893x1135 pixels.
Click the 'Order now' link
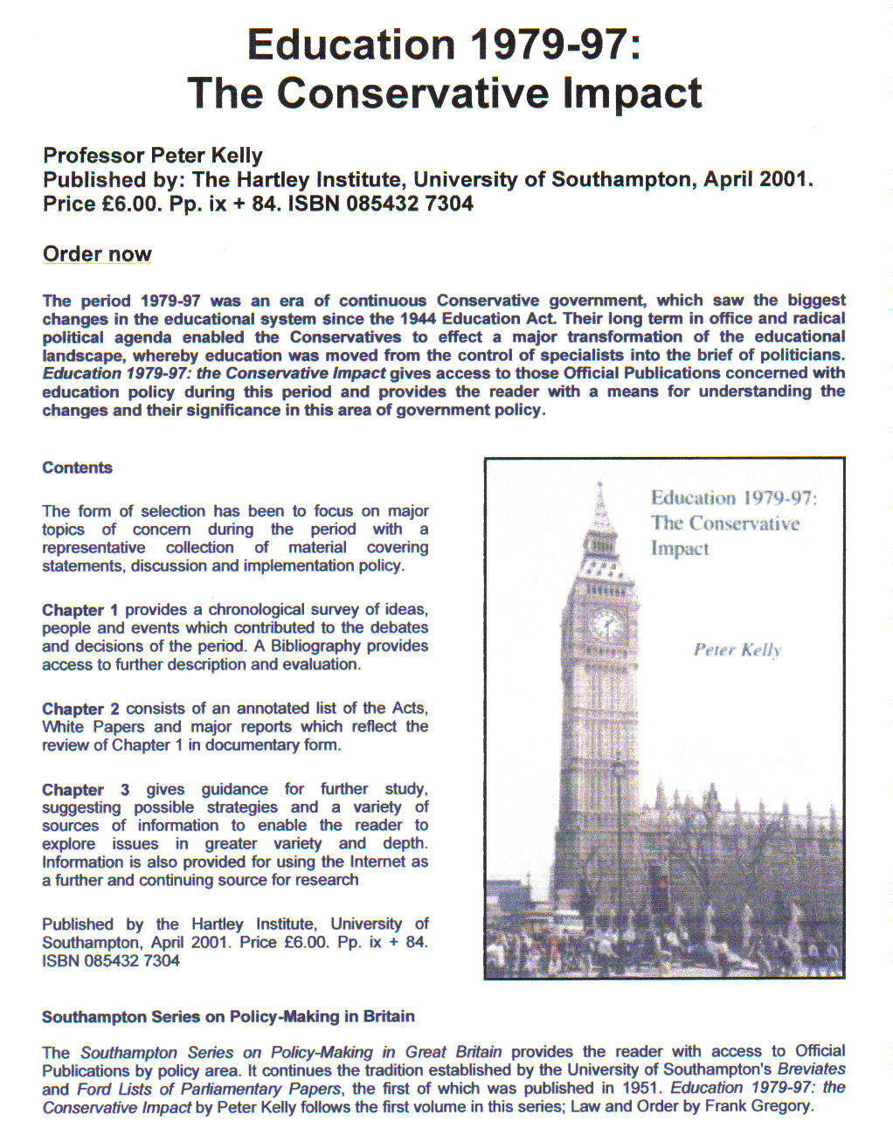[x=97, y=254]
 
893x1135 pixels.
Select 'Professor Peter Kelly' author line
[x=153, y=156]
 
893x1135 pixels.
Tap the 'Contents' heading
[x=77, y=467]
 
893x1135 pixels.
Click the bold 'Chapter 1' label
[x=80, y=610]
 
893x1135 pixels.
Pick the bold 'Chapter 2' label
[x=80, y=709]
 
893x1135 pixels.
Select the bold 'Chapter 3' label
[x=86, y=789]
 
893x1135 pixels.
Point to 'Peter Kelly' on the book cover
[x=737, y=650]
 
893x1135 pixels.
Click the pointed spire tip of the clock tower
[x=600, y=486]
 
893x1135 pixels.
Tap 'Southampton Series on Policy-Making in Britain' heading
[x=228, y=1016]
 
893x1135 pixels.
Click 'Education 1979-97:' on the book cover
[x=733, y=498]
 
